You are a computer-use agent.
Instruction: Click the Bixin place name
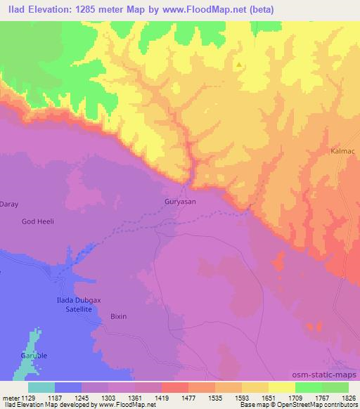pos(118,316)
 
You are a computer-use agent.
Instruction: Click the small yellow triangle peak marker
pos(239,65)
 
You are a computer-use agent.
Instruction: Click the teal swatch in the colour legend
pos(41,387)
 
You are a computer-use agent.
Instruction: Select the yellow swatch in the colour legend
pos(282,387)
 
